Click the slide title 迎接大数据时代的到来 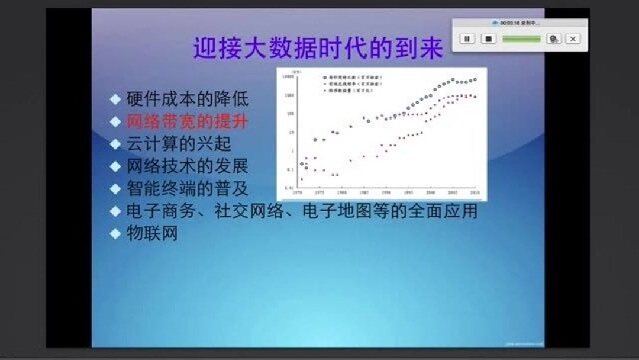[318, 49]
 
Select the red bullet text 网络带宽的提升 [187, 121]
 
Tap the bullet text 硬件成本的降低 [187, 99]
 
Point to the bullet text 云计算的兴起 [178, 144]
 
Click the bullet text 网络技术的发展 [187, 166]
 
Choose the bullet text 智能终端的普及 [187, 189]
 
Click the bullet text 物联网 [152, 233]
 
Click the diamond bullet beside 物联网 [115, 234]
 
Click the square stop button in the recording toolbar [488, 38]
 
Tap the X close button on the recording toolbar [572, 38]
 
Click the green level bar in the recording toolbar [521, 38]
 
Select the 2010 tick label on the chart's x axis [475, 193]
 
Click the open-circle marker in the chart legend [325, 78]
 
